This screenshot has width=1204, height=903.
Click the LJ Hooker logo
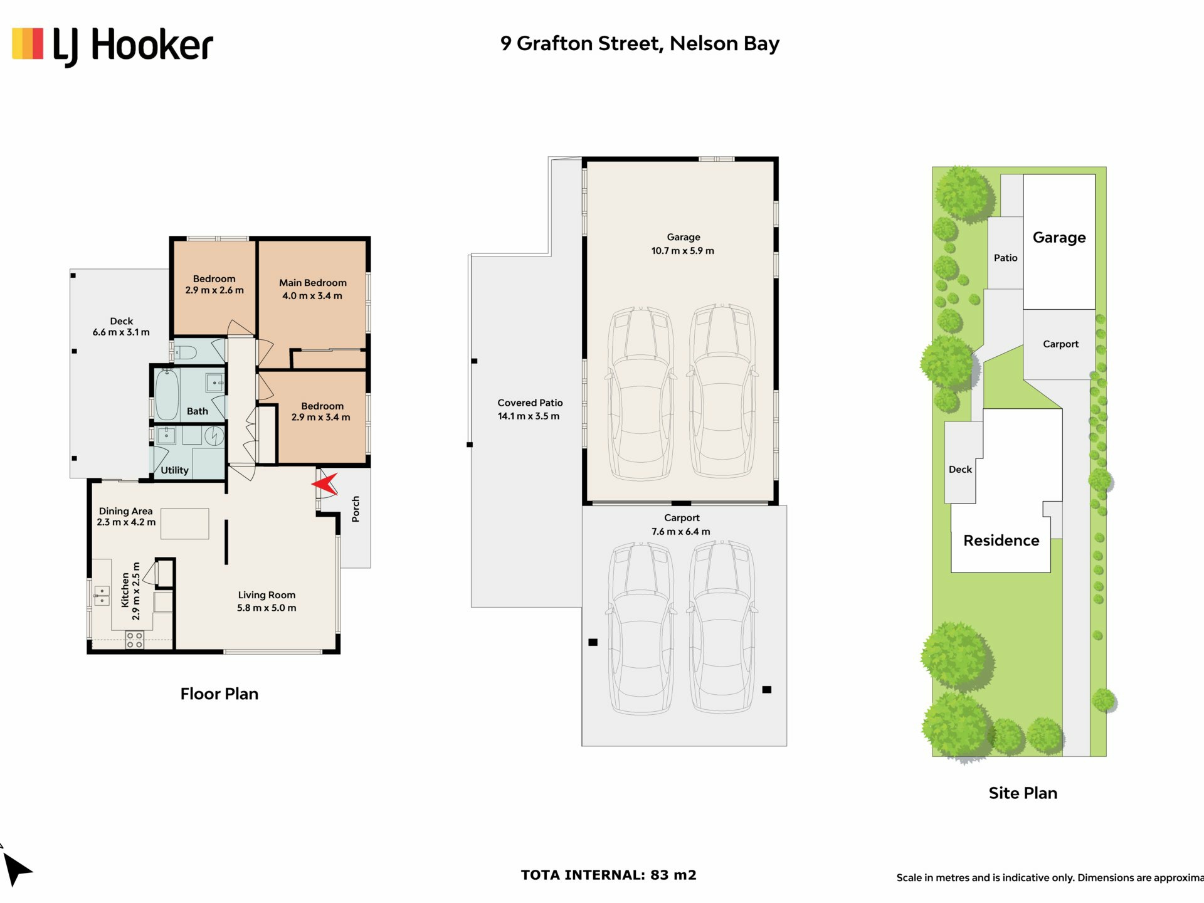coord(113,46)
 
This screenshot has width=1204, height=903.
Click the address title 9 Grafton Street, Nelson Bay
coord(640,44)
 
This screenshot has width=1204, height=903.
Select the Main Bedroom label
coord(313,283)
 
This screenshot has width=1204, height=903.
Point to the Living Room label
coord(267,595)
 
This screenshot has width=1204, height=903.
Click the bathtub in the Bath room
coord(167,394)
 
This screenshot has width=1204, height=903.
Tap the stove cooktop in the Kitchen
coord(134,640)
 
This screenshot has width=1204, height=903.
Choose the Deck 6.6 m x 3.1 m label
coord(121,327)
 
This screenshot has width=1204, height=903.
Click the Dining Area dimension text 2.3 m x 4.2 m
coord(126,522)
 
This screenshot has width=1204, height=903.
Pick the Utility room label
coord(174,470)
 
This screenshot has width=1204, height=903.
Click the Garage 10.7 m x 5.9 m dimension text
coord(683,251)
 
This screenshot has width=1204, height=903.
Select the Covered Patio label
coord(530,403)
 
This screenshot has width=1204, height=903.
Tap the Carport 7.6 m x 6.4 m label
coord(682,525)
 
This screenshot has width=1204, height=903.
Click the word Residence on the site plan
coord(1001,541)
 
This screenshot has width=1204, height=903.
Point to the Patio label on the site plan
coord(1005,258)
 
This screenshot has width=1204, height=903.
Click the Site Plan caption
coord(1023,793)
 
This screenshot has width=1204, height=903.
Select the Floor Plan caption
coord(219,694)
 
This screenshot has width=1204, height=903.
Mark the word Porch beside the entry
coord(356,509)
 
